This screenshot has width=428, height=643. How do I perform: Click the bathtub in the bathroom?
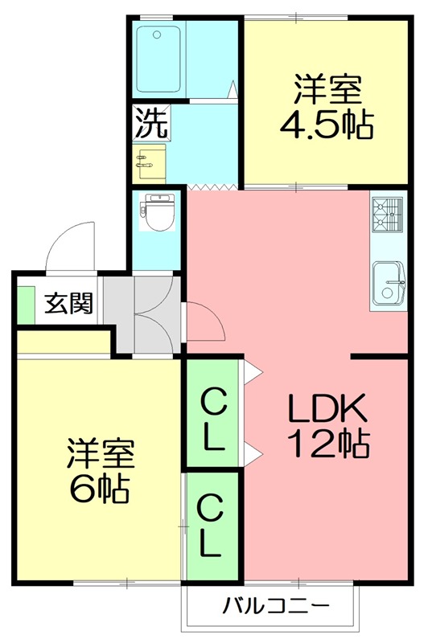coord(158,59)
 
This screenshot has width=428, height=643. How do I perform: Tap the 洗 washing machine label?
coord(151,122)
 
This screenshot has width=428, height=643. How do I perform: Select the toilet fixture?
coord(158,213)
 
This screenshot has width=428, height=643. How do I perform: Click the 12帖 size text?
coord(328,443)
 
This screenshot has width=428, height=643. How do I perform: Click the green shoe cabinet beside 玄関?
coord(24,303)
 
